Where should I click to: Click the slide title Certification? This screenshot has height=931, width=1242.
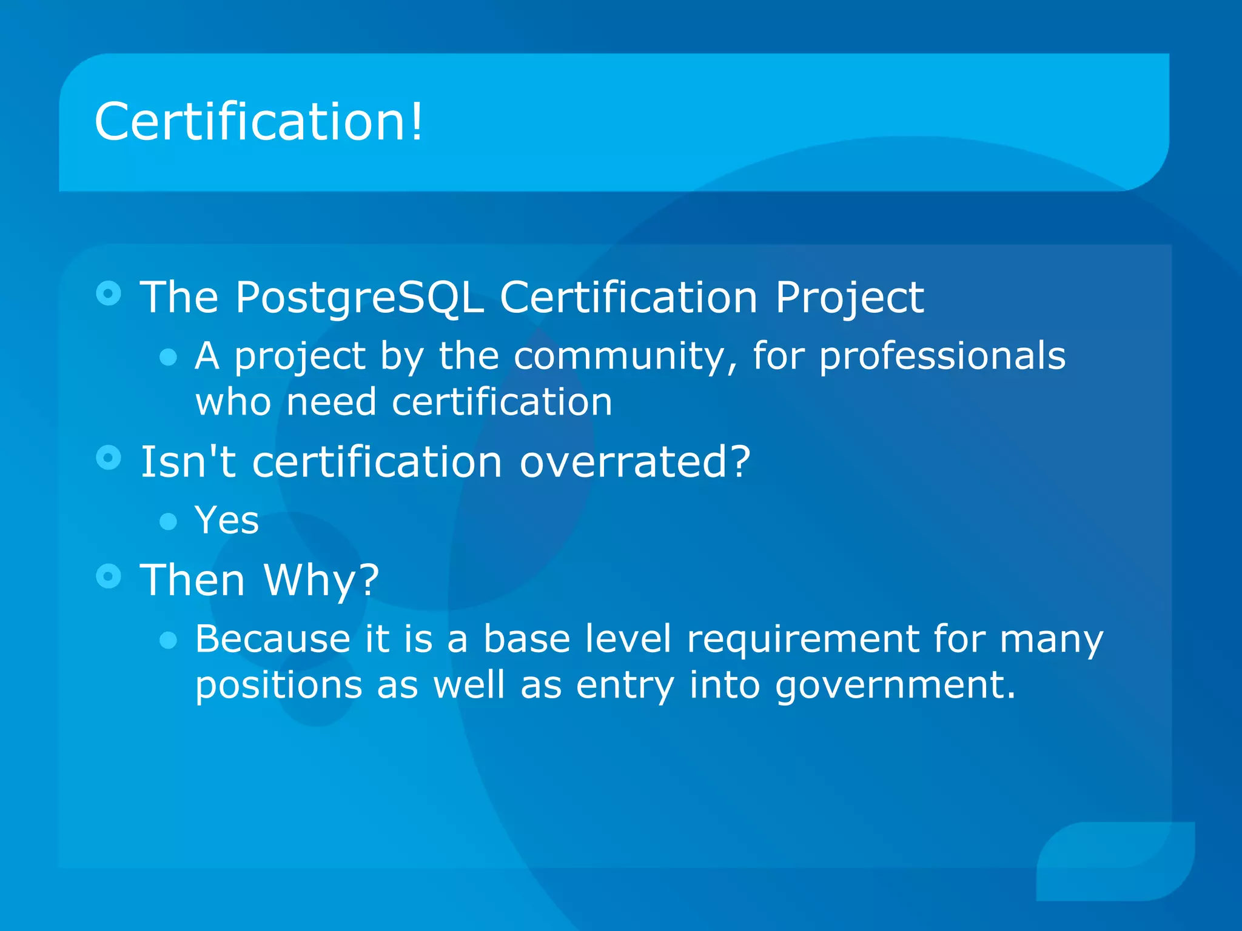coord(259,122)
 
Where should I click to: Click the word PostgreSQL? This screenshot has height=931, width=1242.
coord(359,298)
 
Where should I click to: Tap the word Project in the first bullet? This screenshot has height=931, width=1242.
coord(849,298)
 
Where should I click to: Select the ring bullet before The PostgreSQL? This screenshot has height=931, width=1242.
coord(109,294)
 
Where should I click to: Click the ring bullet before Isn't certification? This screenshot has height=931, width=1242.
coord(109,458)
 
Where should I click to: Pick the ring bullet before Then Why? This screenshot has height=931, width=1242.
coord(109,576)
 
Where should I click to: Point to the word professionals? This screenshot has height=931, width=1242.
coord(942,356)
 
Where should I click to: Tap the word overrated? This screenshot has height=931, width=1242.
coord(635,462)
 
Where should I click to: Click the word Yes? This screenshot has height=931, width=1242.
coord(227,520)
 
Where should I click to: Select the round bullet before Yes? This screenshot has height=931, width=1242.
coord(168,521)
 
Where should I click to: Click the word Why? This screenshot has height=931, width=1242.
coord(321,580)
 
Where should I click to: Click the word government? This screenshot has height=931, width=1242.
coord(895,686)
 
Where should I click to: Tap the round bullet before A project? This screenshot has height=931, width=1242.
coord(168,357)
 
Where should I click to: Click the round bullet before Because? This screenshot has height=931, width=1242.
coord(168,640)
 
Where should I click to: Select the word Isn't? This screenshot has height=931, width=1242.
coord(187,462)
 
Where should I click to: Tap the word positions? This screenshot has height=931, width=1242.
coord(278,686)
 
